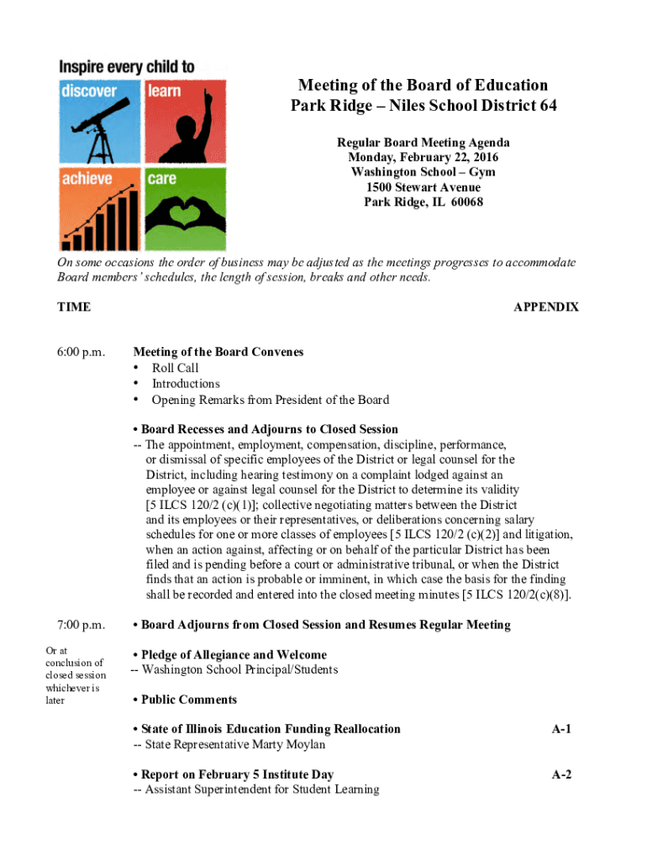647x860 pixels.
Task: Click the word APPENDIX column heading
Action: coord(545,307)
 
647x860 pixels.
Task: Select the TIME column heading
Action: coord(74,307)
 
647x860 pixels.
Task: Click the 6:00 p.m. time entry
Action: coord(81,353)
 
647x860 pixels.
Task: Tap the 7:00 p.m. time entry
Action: coord(81,625)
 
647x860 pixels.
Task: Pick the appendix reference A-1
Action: coord(561,729)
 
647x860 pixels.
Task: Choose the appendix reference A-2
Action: coord(561,774)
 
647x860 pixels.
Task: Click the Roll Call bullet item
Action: coord(175,368)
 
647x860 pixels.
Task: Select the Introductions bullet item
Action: coord(186,384)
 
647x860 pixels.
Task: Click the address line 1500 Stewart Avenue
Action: coord(423,187)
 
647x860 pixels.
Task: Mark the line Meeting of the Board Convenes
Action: coord(218,353)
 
